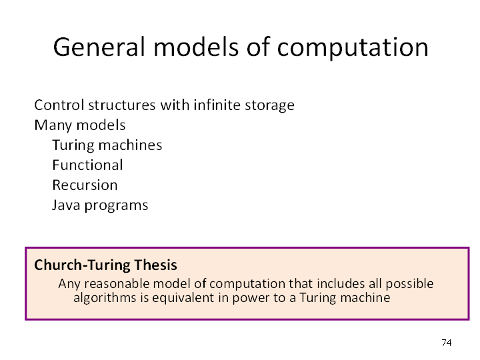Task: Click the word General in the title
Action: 99,47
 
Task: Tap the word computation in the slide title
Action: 353,48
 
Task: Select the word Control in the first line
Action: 59,105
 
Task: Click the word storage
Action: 269,106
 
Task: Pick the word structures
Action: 122,105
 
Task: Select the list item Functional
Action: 87,165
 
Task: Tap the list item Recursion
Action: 85,185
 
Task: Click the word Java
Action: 66,205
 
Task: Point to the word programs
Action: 116,206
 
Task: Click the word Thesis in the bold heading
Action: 155,265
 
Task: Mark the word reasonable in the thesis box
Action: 117,284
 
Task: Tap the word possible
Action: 409,285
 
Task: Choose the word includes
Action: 341,284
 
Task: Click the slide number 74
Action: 447,343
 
